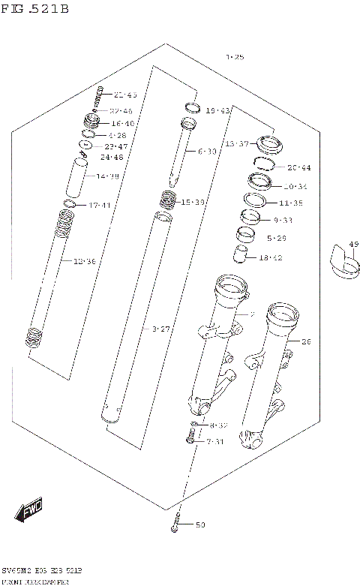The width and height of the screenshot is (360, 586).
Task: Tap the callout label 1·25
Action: pos(235,57)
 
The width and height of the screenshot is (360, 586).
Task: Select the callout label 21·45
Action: pos(125,95)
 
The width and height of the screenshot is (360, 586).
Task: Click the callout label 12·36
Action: pos(84,261)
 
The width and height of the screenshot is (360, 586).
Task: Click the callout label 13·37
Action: pos(235,143)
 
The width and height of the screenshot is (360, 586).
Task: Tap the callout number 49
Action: pos(354,244)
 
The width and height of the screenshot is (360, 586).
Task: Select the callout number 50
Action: pos(199,524)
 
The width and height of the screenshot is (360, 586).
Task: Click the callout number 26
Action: pos(304,342)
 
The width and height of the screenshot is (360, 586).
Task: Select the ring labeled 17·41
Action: pos(69,204)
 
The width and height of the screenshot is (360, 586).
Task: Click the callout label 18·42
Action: pos(270,257)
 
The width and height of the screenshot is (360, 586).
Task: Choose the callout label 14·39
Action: pos(107,176)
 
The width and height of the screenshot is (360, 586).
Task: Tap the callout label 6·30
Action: pos(208,152)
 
